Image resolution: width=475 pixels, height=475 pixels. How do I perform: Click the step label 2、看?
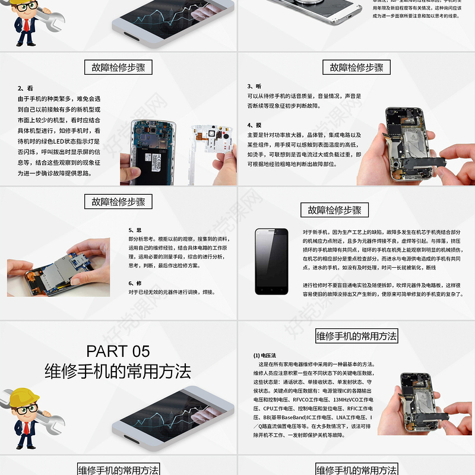25,88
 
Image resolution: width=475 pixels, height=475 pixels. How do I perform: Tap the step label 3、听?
254,86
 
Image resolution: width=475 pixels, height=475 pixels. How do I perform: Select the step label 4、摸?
254,125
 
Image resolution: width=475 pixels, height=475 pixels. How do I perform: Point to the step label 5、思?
135,230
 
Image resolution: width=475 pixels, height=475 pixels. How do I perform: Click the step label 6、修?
135,283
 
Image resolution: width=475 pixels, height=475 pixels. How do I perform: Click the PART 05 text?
118,350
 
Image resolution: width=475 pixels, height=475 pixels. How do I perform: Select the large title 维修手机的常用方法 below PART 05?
118,372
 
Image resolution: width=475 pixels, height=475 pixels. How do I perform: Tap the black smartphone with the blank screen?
271,261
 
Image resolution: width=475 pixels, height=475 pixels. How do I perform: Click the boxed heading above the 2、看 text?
118,68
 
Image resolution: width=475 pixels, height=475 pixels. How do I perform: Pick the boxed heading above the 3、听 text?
356,68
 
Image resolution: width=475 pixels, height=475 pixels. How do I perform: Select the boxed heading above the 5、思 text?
118,202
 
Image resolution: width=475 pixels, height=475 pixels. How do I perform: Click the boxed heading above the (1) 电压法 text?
356,336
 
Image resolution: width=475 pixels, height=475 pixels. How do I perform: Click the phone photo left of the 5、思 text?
59,267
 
